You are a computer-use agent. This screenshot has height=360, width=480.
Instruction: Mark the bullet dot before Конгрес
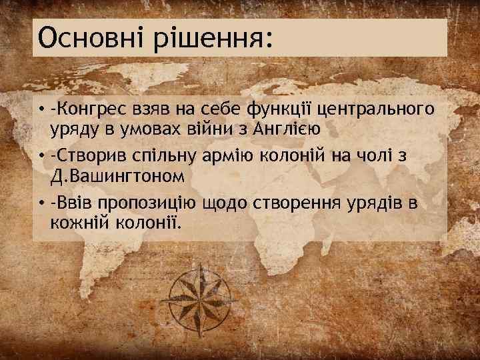point(41,109)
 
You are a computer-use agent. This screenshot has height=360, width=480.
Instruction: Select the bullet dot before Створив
point(41,155)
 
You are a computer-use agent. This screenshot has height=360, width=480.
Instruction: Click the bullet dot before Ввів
point(41,202)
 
